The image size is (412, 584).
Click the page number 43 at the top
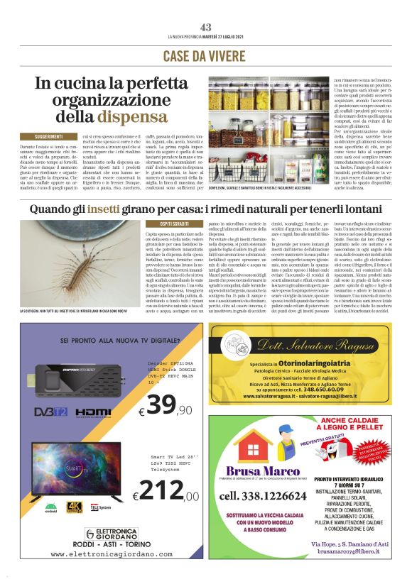click(206, 27)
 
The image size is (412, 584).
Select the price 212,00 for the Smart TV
click(164, 491)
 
